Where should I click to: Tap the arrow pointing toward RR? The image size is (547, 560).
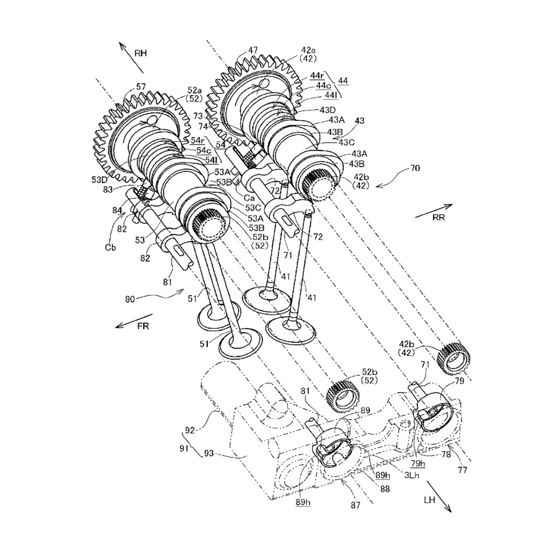pos(433,210)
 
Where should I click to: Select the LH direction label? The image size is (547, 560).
pos(429,501)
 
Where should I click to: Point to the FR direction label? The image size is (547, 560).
pos(143,326)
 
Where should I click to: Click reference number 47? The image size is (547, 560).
pos(253,49)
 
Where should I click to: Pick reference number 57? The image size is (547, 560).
pos(141,86)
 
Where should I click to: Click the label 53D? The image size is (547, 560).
pos(99,179)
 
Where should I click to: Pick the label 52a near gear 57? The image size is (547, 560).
pos(195,90)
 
